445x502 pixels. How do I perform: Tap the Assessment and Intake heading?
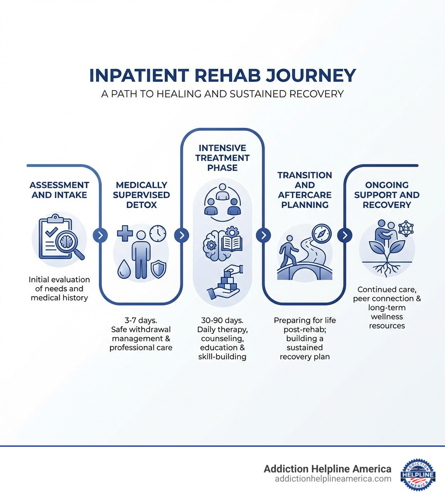click(x=60, y=190)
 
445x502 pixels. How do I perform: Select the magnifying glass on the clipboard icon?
click(x=69, y=242)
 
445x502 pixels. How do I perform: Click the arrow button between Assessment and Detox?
click(x=100, y=235)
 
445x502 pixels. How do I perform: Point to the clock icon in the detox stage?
click(x=157, y=233)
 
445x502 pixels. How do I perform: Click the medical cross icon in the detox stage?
click(x=125, y=233)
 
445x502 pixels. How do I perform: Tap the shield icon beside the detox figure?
click(x=158, y=269)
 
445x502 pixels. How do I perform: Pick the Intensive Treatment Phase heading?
click(x=222, y=157)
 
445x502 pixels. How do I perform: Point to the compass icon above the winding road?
click(x=322, y=234)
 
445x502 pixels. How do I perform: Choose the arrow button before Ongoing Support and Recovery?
click(x=345, y=235)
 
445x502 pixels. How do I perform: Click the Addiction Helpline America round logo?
click(x=418, y=474)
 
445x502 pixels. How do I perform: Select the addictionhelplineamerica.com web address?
click(x=333, y=479)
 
